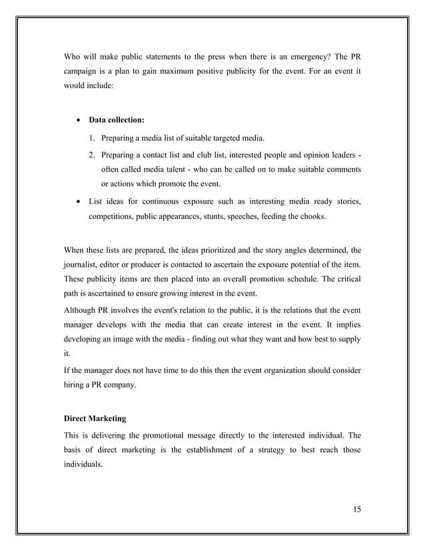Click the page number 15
356,510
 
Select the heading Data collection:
117,121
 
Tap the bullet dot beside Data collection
79,121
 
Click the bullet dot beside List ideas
79,200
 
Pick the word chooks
311,216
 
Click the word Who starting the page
73,55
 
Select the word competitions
115,216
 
